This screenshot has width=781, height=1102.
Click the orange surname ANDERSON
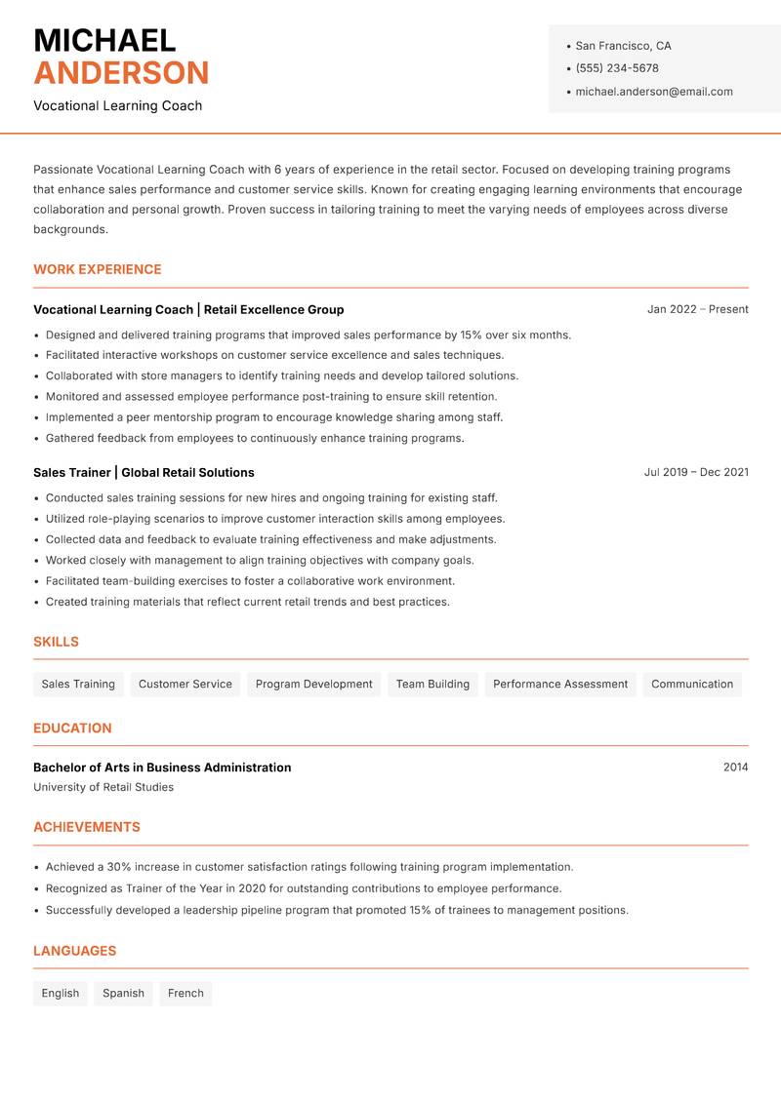click(x=121, y=73)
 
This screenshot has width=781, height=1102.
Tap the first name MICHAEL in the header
click(x=104, y=40)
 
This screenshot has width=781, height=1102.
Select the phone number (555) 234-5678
click(x=617, y=68)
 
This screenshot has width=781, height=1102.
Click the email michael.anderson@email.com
click(x=654, y=92)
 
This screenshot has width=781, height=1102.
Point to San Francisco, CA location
click(x=623, y=46)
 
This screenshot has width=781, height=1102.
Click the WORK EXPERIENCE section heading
click(x=98, y=269)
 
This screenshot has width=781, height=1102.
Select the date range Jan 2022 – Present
click(x=697, y=309)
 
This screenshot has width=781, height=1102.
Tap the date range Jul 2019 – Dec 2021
click(x=696, y=472)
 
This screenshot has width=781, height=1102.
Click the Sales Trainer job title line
click(x=144, y=472)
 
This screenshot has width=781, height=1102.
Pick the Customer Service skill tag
click(x=185, y=684)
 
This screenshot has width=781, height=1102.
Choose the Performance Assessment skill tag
click(x=560, y=684)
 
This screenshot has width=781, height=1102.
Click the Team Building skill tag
click(x=432, y=684)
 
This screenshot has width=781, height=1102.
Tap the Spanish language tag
click(x=123, y=993)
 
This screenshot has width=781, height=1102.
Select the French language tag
click(x=185, y=993)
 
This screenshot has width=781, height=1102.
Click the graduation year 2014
click(x=735, y=767)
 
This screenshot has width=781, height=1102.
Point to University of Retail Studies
click(x=103, y=787)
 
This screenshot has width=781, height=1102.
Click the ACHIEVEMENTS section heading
click(x=87, y=827)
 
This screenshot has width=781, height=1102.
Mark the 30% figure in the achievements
click(x=120, y=867)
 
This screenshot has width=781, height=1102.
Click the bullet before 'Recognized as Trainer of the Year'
click(x=36, y=889)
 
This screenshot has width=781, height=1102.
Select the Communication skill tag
click(x=692, y=684)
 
